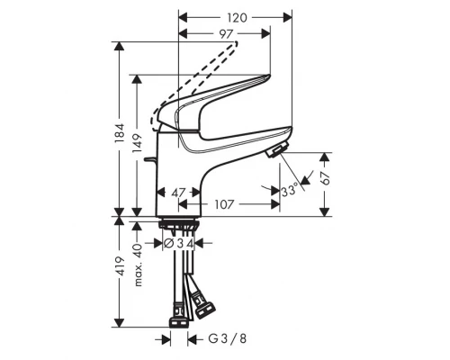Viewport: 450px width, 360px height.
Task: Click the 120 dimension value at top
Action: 237,17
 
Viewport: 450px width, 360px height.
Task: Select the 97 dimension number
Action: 226,34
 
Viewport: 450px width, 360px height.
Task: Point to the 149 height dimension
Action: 136,146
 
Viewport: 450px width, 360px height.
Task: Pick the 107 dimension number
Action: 225,204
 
